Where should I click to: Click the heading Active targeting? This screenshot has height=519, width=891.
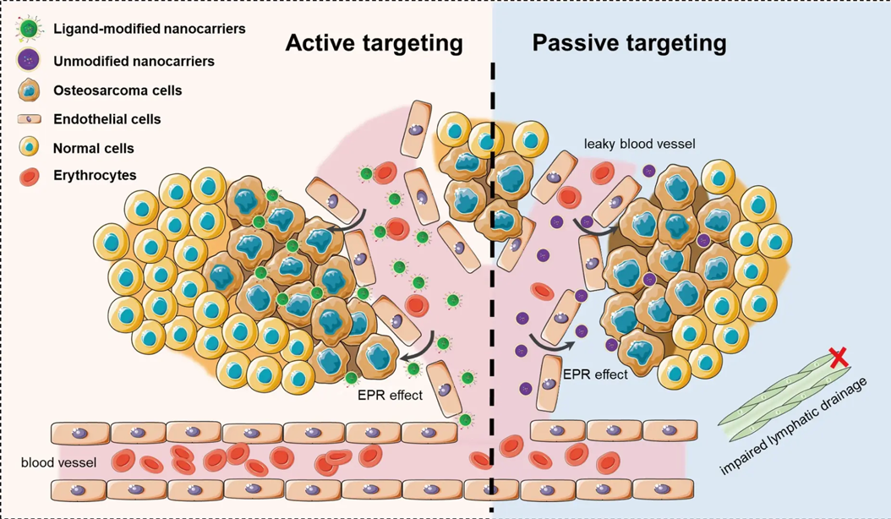coord(374,43)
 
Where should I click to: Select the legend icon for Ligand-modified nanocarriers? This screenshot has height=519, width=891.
coord(30,30)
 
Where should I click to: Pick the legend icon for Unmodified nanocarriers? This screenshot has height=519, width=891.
coord(30,60)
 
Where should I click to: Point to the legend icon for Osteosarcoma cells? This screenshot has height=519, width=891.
coord(30,90)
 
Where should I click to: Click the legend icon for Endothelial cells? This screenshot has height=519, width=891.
coord(30,119)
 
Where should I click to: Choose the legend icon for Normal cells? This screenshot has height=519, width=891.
coord(30,148)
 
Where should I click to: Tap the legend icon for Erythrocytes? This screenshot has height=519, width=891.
coord(30,176)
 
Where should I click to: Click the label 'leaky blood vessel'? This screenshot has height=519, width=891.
coord(639,145)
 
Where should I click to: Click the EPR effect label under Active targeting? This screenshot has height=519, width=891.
coord(390,393)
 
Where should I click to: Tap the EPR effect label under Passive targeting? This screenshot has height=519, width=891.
coord(596,374)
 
